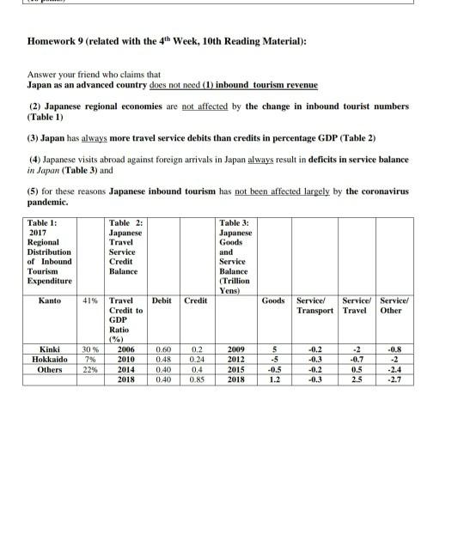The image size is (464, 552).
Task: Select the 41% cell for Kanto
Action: pos(89,300)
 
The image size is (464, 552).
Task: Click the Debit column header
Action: pos(162,300)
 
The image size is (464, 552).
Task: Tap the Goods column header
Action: pos(273,300)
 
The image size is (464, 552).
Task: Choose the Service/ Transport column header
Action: pos(315,305)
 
